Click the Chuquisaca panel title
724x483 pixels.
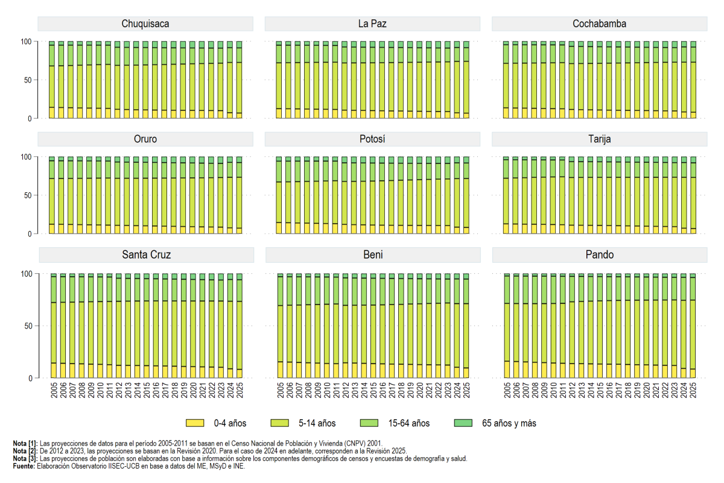pos(145,24)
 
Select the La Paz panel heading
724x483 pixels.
pos(372,24)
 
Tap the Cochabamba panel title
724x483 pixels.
pos(599,24)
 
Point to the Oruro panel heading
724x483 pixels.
pos(145,139)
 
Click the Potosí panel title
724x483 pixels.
pos(372,139)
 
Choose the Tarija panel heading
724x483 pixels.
pos(599,139)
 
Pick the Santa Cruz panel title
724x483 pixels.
pos(146,255)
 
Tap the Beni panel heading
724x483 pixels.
pos(373,255)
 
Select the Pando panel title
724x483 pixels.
pos(600,255)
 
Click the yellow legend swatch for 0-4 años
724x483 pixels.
pos(195,423)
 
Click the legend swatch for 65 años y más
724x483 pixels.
pos(463,423)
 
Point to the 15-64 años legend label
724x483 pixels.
pos(409,423)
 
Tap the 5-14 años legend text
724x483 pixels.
pos(317,423)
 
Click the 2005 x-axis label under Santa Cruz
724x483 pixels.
pos(54,390)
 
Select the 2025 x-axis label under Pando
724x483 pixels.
pos(693,390)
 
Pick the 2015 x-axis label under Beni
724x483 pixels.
pos(373,390)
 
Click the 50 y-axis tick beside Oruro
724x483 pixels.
pos(28,195)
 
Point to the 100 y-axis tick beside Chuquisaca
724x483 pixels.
pos(26,42)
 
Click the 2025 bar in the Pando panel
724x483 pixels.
pos(693,326)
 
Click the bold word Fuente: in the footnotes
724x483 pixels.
pos(24,466)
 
